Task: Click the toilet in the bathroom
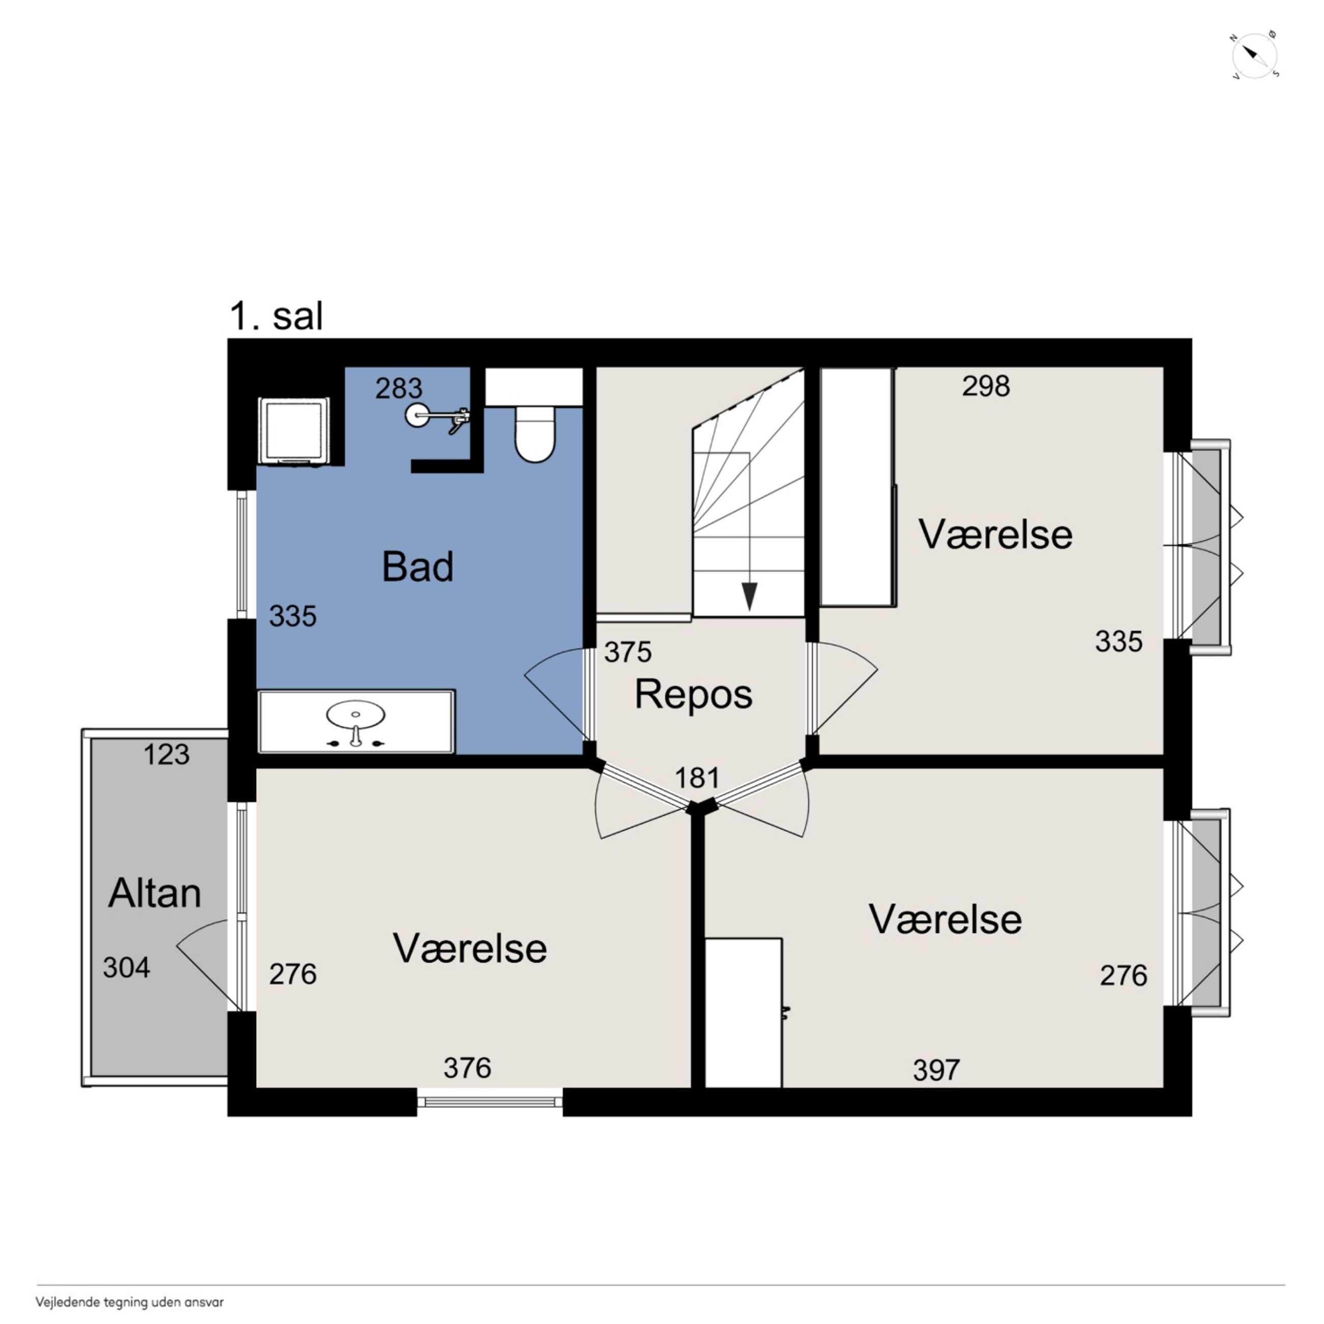click(535, 434)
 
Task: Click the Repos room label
click(694, 694)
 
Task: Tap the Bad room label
click(418, 567)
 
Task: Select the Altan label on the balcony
click(155, 893)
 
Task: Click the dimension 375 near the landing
click(628, 652)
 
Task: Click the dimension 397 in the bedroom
click(936, 1070)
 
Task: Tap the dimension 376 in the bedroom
click(467, 1068)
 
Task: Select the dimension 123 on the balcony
click(166, 755)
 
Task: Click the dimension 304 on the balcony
click(127, 968)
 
